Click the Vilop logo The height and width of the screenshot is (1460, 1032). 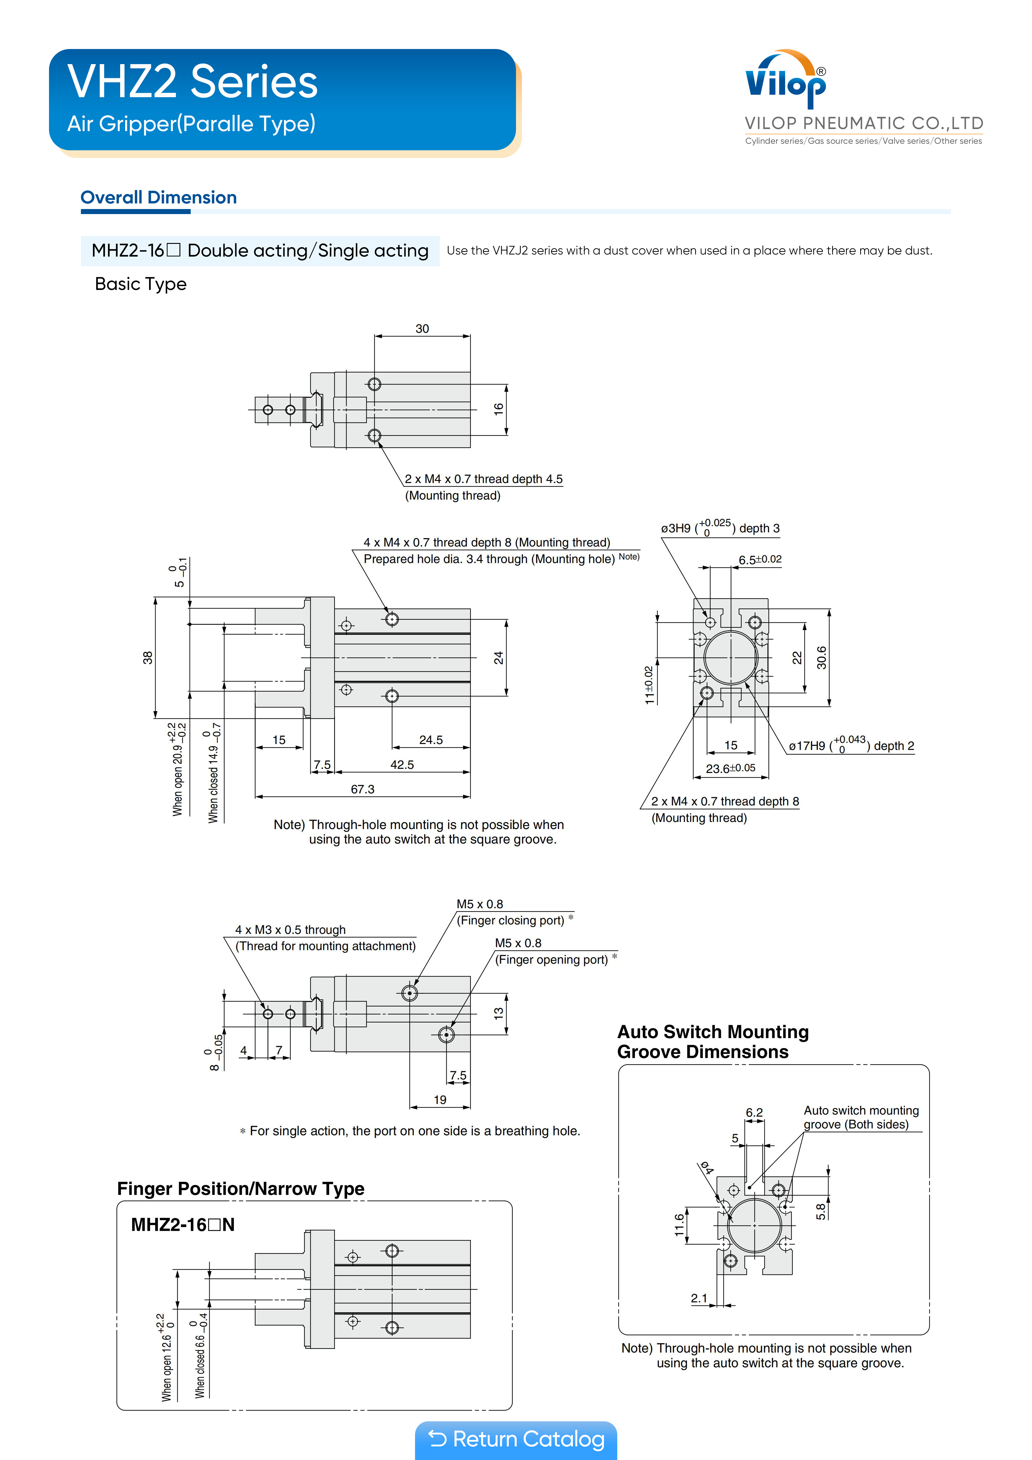[786, 81]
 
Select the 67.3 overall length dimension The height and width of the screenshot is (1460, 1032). [362, 789]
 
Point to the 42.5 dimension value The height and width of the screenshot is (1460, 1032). [402, 764]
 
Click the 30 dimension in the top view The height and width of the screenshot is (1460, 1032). [422, 329]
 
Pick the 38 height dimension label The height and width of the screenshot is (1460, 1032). [148, 658]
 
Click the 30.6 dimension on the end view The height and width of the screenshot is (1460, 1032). [822, 658]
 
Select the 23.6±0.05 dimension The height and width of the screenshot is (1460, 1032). [731, 768]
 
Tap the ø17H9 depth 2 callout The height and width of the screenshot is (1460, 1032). [851, 745]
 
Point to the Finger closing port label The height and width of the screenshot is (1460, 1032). [511, 920]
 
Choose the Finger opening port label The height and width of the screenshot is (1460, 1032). [551, 960]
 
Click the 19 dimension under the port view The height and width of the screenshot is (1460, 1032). [440, 1100]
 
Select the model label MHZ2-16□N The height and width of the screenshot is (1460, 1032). [182, 1225]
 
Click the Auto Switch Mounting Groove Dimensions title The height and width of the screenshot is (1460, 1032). [713, 1042]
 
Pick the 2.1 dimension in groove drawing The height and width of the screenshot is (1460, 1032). [699, 1298]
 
